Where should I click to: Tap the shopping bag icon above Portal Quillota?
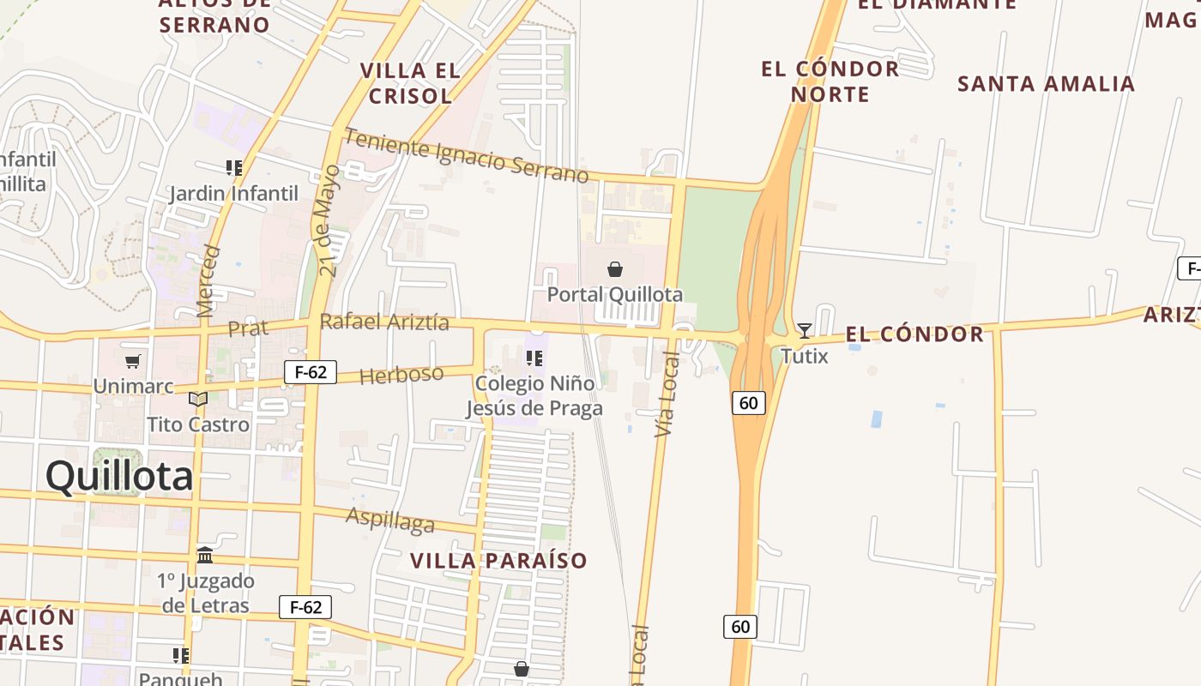(615, 269)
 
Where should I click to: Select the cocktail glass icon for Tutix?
(804, 330)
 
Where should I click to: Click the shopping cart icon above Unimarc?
(132, 362)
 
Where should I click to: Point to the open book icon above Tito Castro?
(198, 400)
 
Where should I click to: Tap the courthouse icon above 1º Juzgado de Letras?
(205, 556)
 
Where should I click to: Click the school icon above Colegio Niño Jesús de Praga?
(534, 358)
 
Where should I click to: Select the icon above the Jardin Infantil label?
(233, 167)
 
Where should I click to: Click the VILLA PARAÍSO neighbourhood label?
(498, 561)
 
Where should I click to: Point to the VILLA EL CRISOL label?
(410, 83)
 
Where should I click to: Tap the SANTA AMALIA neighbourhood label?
(1046, 84)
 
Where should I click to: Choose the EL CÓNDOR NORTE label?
(830, 81)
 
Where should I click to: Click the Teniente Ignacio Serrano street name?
(467, 156)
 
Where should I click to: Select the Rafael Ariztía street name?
(384, 322)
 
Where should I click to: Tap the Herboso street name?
(401, 375)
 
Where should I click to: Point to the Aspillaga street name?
(390, 520)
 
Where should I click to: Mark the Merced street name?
(208, 281)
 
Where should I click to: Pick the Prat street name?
(248, 328)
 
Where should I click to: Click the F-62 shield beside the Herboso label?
(311, 372)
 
